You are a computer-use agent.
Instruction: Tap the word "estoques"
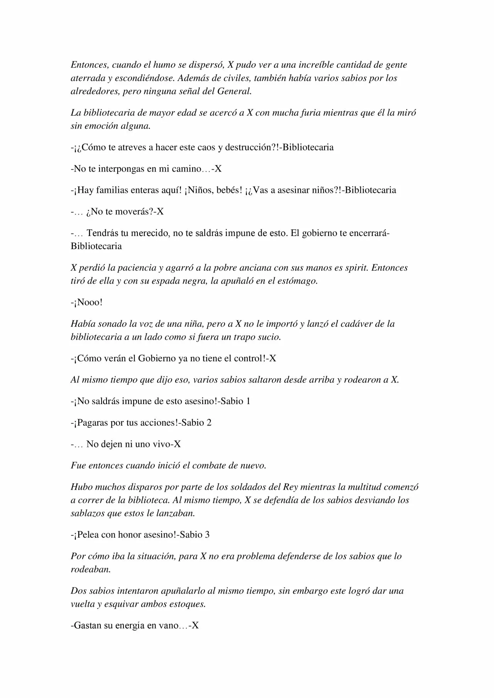188,604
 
